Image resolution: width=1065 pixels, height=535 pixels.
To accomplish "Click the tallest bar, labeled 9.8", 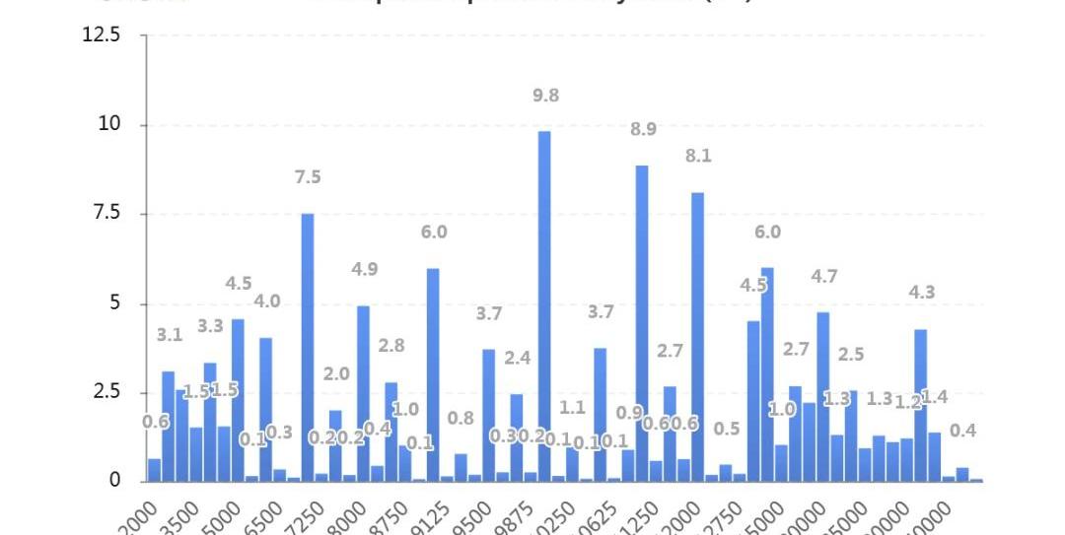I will click(544, 305).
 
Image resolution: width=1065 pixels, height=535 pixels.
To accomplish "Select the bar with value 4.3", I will click(920, 404).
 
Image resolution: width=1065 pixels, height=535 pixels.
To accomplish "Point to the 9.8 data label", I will click(545, 96).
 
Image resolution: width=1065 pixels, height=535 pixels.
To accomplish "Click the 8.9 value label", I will click(644, 129).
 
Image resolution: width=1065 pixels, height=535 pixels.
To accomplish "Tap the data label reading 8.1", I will click(698, 156).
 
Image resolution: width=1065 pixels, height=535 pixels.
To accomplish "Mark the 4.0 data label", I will click(267, 301).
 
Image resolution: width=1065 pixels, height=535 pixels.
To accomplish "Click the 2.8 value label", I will click(391, 345).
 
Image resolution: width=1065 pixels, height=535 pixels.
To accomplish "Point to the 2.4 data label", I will click(517, 358).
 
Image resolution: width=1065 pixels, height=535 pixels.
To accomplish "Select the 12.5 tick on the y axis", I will click(103, 35).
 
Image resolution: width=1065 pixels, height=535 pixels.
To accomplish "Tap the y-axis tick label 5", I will click(114, 302).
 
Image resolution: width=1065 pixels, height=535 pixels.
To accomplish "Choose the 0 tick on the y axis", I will click(114, 481).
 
